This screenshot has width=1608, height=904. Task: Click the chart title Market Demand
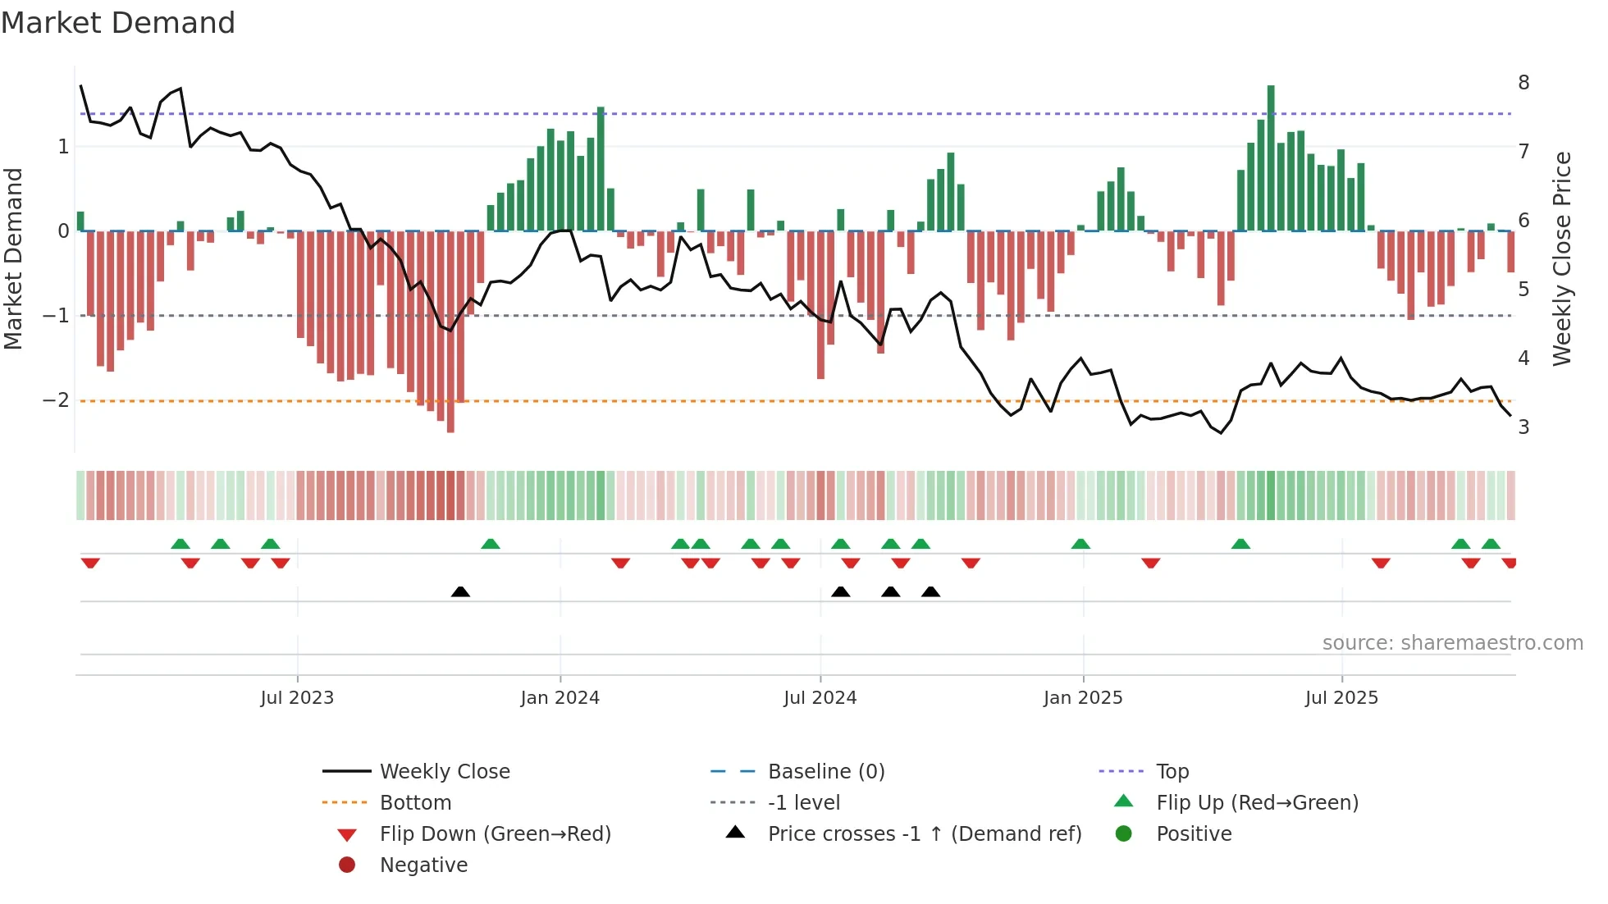point(118,23)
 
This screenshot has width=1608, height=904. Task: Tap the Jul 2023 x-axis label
point(297,698)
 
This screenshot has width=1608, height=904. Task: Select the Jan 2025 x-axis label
point(1083,698)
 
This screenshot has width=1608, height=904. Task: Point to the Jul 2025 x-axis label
point(1341,698)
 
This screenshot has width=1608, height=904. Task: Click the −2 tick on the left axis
point(57,400)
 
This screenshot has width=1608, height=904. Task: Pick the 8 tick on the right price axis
point(1523,83)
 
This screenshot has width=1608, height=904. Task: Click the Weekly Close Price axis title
point(1562,258)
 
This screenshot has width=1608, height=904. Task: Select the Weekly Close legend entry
point(444,772)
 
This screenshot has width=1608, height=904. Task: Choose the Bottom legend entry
point(415,803)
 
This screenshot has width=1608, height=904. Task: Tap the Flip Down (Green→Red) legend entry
point(495,834)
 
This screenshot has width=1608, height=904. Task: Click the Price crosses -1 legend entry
point(924,834)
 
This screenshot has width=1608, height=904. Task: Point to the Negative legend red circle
point(347,865)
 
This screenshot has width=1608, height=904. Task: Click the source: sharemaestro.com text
point(1452,643)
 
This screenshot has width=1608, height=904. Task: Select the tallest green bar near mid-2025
point(1271,156)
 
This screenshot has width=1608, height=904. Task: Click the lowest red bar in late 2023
point(450,331)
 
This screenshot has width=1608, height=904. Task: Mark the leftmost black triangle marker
point(460,591)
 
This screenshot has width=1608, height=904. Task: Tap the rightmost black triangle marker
point(930,591)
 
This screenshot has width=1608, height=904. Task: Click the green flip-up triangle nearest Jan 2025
point(1080,544)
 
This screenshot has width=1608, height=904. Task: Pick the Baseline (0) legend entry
point(825,772)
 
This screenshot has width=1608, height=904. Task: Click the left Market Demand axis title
point(14,258)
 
